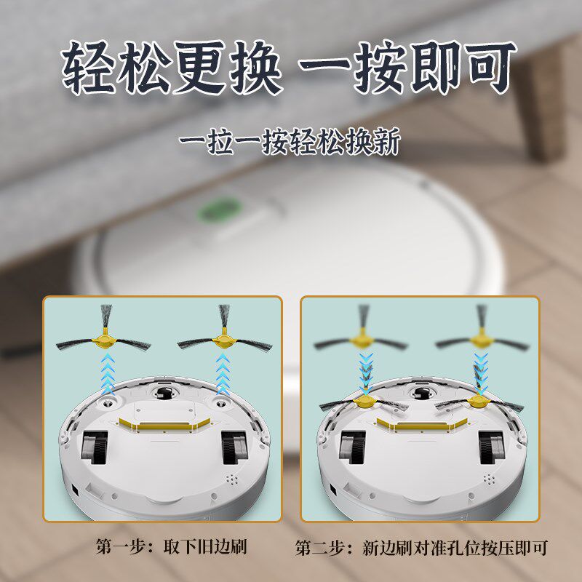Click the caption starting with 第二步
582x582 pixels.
(421, 547)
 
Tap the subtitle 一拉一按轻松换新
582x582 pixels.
(290, 141)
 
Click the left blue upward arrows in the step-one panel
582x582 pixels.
(108, 371)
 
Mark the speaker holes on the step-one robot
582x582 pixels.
(232, 481)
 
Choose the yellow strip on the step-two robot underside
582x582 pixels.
(420, 423)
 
